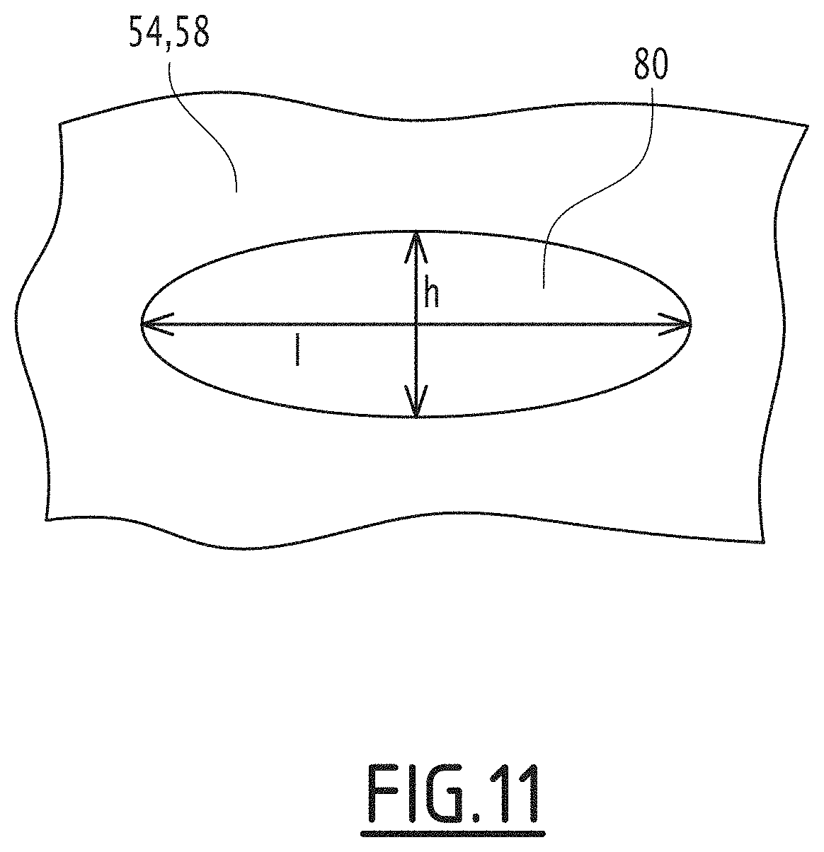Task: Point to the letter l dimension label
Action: tap(297, 351)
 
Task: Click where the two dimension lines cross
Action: tap(417, 325)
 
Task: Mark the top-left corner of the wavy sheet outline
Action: tap(59, 125)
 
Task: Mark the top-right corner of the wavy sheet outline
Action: tap(807, 126)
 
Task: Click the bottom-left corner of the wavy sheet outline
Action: tap(47, 520)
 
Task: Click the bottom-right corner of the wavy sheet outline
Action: tap(764, 542)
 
